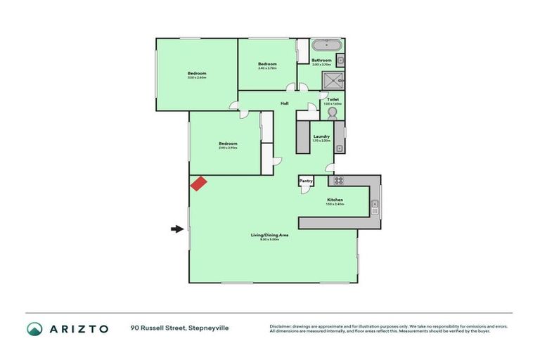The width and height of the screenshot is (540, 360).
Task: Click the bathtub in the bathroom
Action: (327, 46)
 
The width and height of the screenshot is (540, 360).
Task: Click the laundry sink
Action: (339, 148)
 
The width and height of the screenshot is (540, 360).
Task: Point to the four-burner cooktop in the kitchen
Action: (338, 180)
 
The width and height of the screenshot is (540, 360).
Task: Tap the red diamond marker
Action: (198, 183)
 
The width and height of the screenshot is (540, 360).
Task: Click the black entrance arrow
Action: (176, 228)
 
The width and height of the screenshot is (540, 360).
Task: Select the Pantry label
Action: (306, 181)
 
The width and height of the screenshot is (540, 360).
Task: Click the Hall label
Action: (285, 103)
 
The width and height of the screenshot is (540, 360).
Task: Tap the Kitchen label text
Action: (335, 200)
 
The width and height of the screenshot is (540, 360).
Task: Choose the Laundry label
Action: (321, 136)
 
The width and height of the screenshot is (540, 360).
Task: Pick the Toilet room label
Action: (333, 100)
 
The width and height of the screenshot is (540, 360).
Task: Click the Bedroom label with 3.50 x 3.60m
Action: (197, 73)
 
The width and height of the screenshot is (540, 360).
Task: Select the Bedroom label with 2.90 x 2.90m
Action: (228, 143)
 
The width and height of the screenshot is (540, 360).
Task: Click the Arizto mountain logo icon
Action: (34, 328)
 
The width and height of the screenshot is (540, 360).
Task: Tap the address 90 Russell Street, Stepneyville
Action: (179, 328)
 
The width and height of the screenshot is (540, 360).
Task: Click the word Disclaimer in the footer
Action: (282, 326)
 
